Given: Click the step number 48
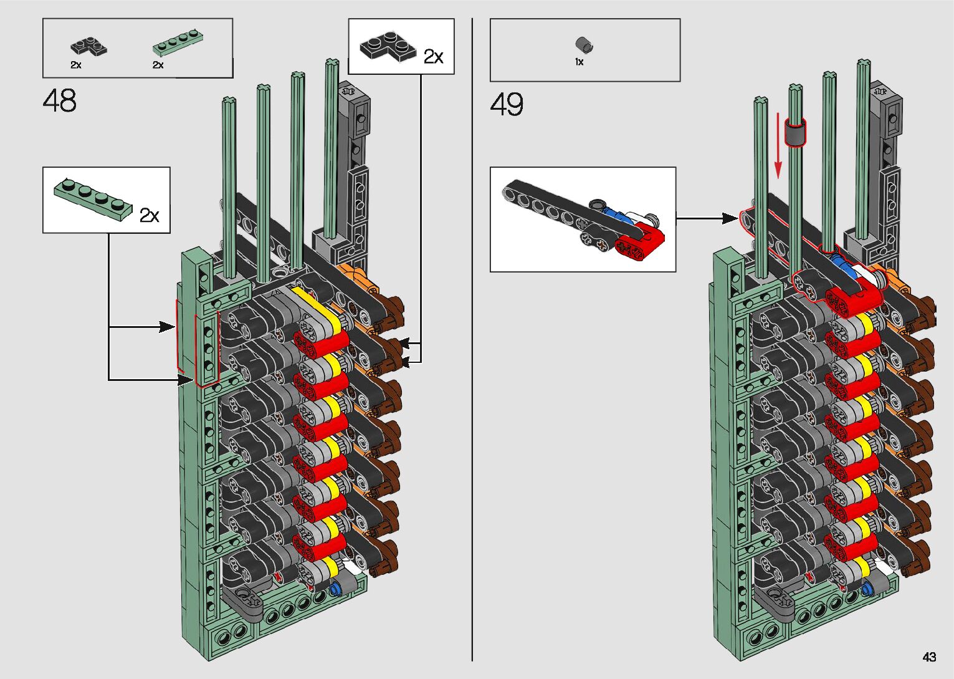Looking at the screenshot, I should pos(60,100).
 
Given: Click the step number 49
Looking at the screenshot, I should pos(507,104).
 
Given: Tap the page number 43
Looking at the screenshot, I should pos(929,657).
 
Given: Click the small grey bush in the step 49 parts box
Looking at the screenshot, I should pos(584,45).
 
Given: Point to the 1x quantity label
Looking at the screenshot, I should pos(579,62).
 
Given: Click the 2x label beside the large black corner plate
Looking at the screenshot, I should pos(433,57).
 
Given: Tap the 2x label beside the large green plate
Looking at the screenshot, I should pos(150,216).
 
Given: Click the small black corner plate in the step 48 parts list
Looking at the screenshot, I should pos(88,46).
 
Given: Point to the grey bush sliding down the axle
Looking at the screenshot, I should pos(794,132).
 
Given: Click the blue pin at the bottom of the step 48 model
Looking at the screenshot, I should pos(338,588).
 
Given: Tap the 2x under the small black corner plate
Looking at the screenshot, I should pos(75,65).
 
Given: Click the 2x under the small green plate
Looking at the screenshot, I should pos(158,65).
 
